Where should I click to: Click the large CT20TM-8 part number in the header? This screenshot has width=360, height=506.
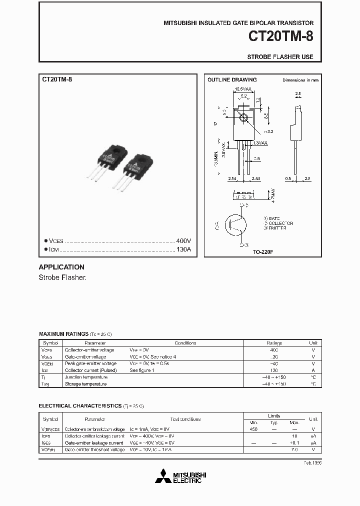[281, 37]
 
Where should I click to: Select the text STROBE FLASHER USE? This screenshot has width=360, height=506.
[280, 57]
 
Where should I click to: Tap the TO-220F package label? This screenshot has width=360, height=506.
[262, 251]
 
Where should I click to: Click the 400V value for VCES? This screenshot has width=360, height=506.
[183, 240]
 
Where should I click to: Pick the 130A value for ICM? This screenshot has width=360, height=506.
[183, 249]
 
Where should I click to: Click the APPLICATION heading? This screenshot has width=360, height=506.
[61, 267]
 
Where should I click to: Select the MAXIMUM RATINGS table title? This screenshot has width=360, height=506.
[63, 333]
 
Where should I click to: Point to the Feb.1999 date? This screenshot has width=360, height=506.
[312, 463]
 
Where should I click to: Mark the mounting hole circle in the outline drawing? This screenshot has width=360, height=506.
[244, 118]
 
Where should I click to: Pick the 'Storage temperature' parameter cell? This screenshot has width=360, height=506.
[85, 384]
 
